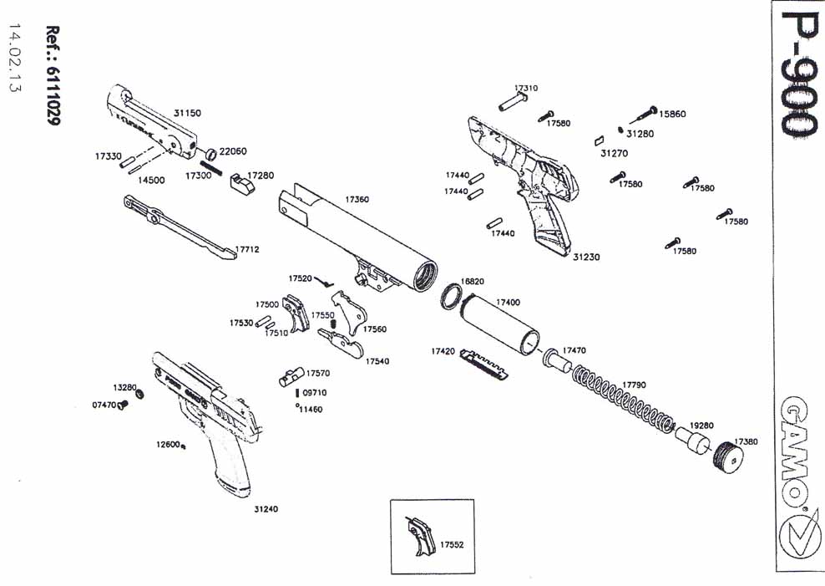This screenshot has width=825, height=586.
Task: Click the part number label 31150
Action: click(187, 112)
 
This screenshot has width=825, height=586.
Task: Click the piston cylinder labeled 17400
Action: click(501, 325)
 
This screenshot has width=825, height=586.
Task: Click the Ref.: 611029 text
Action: click(53, 75)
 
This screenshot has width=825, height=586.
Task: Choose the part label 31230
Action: click(586, 257)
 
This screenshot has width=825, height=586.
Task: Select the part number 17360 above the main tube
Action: click(357, 200)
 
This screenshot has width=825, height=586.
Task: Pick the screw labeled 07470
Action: click(122, 405)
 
